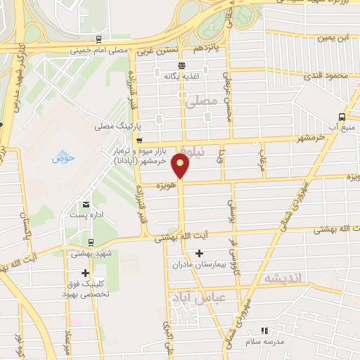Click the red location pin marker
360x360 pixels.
[x=181, y=167]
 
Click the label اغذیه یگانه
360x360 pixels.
[x=177, y=76]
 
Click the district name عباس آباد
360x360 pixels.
[x=197, y=297]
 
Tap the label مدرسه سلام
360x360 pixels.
[x=264, y=341]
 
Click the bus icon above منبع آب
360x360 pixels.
[x=341, y=117]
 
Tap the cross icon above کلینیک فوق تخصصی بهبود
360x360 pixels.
[x=86, y=273]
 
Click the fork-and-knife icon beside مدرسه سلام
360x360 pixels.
[x=264, y=330]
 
